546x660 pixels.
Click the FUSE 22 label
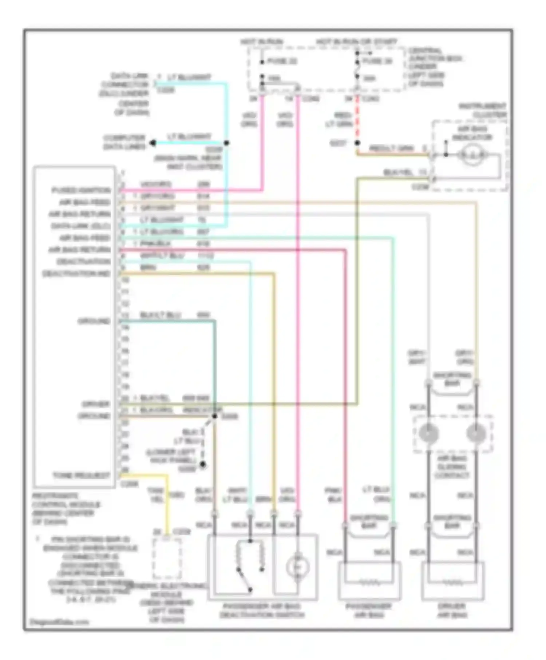pos(282,61)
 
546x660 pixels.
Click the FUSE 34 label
pos(377,61)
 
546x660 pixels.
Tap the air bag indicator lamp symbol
pos(472,155)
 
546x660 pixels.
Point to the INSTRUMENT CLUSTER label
pos(483,110)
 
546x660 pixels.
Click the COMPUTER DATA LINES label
pos(124,142)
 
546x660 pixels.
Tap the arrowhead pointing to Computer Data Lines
pos(153,143)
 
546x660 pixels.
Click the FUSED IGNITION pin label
pos(81,190)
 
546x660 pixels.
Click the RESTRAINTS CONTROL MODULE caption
pos(66,509)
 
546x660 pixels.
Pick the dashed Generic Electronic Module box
pos(167,559)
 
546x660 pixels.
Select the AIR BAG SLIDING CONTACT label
pos(452,467)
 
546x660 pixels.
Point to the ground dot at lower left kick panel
pos(203,464)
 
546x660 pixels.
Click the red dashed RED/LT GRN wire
pos(357,120)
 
